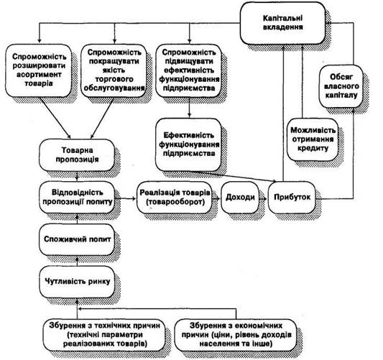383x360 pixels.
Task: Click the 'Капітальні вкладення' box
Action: pyautogui.click(x=282, y=23)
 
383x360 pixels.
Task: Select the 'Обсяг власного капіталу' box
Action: pyautogui.click(x=341, y=86)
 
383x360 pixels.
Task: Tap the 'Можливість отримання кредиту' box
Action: pyautogui.click(x=313, y=139)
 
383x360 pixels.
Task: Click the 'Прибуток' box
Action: pyautogui.click(x=292, y=198)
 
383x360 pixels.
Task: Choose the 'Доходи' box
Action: pyautogui.click(x=240, y=198)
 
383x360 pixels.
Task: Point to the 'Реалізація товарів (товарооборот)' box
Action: pyautogui.click(x=175, y=198)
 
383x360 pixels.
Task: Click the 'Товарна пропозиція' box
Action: pyautogui.click(x=77, y=154)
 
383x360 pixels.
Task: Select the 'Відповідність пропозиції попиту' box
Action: pyautogui.click(x=77, y=198)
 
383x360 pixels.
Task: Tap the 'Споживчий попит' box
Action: pyautogui.click(x=77, y=239)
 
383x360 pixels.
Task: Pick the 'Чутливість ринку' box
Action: pyautogui.click(x=77, y=282)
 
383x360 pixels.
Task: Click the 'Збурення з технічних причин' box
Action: pyautogui.click(x=104, y=335)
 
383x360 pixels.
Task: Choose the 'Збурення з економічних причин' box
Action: pyautogui.click(x=236, y=335)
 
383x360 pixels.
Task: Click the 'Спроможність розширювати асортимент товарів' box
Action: pyautogui.click(x=39, y=70)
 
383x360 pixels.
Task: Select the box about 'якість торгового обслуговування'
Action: pyautogui.click(x=114, y=70)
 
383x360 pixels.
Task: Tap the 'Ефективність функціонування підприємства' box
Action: pyautogui.click(x=189, y=144)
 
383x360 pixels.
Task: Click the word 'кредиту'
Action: pyautogui.click(x=313, y=149)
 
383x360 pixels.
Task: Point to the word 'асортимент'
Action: pyautogui.click(x=39, y=75)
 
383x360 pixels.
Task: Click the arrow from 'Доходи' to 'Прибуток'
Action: pyautogui.click(x=264, y=198)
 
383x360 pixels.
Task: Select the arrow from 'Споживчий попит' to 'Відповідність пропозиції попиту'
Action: pyautogui.click(x=77, y=218)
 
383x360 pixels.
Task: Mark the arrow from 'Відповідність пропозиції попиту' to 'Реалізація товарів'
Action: pyautogui.click(x=126, y=198)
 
